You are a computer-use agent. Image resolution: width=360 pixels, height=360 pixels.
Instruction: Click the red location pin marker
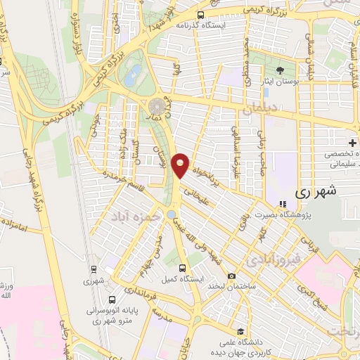(181, 165)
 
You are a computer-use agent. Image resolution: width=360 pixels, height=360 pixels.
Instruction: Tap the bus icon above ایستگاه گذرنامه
(201, 14)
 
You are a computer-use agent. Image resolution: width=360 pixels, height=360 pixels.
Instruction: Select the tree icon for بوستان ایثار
(281, 70)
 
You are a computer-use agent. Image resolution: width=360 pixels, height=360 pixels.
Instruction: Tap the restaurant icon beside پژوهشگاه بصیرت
(283, 205)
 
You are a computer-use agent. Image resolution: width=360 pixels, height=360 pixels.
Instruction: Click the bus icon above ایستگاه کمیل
(184, 268)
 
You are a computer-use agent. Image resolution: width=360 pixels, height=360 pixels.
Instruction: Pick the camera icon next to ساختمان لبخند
(232, 276)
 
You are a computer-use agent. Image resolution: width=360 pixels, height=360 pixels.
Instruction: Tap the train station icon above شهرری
(94, 269)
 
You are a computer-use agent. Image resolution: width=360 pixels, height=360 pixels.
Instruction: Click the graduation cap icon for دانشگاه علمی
(240, 331)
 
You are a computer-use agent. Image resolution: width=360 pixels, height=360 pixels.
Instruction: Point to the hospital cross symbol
(352, 143)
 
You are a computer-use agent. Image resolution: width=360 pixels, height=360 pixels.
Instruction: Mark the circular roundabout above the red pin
(156, 106)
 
